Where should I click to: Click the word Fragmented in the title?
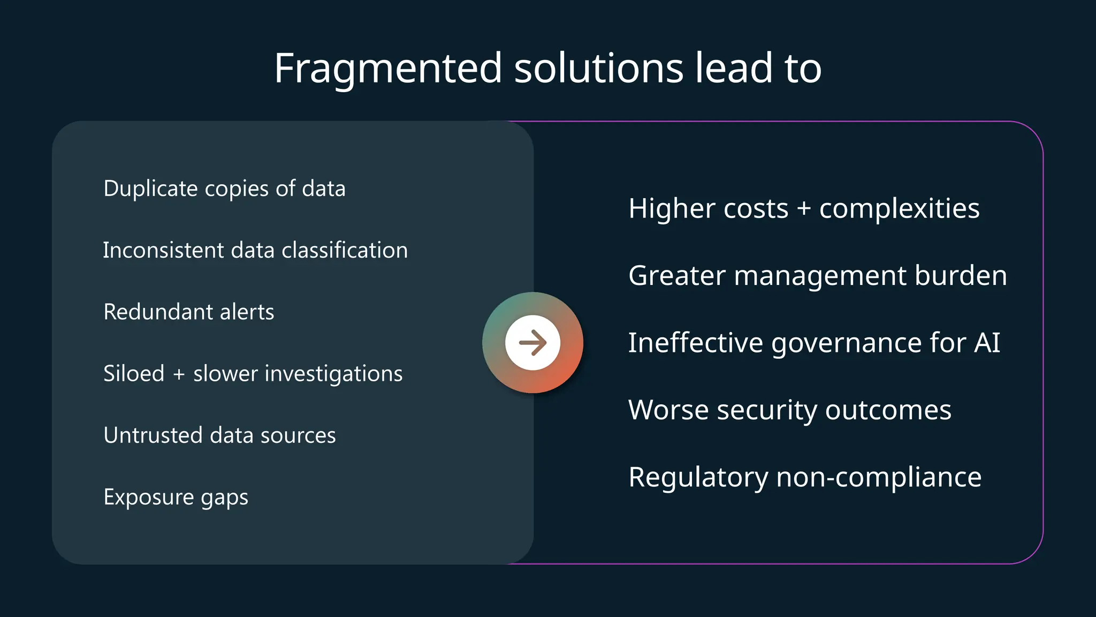[x=388, y=69]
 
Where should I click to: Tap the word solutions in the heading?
[x=598, y=69]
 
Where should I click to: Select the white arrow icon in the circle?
[x=532, y=343]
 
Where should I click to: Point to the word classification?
[x=345, y=250]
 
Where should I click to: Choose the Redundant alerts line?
[x=188, y=312]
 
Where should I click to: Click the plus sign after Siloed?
[x=179, y=374]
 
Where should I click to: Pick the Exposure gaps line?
[x=176, y=497]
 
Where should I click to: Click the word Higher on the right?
[x=671, y=208]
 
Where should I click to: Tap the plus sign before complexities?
[x=804, y=208]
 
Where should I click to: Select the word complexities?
[x=899, y=208]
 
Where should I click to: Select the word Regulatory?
[x=698, y=477]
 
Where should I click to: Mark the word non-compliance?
[x=879, y=477]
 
